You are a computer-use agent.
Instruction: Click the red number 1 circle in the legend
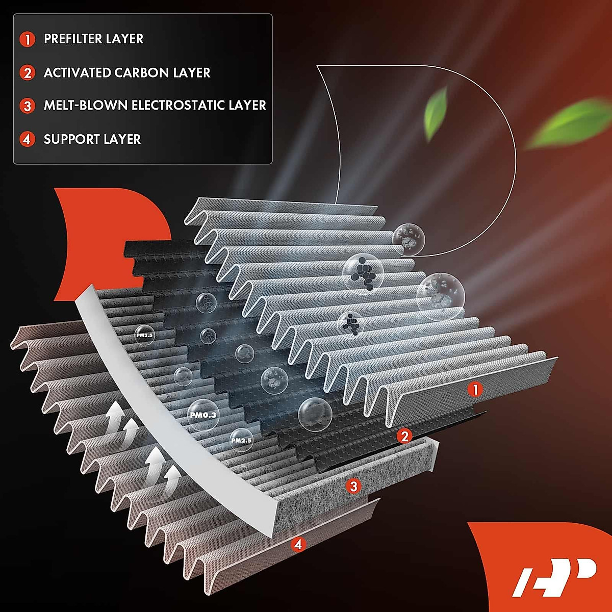(28, 39)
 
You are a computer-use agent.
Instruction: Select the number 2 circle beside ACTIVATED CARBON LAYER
(28, 73)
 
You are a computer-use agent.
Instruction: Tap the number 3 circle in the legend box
(28, 106)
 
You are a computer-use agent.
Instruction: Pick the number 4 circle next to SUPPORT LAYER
(28, 139)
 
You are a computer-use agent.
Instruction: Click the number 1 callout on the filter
(475, 390)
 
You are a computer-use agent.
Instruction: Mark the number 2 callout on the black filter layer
(404, 436)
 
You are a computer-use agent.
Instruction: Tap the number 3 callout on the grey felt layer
(352, 486)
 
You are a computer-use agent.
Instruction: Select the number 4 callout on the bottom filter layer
(298, 545)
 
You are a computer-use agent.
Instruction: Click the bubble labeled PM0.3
(203, 415)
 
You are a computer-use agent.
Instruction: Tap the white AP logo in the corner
(553, 576)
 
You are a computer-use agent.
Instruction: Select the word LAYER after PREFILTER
(125, 39)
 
